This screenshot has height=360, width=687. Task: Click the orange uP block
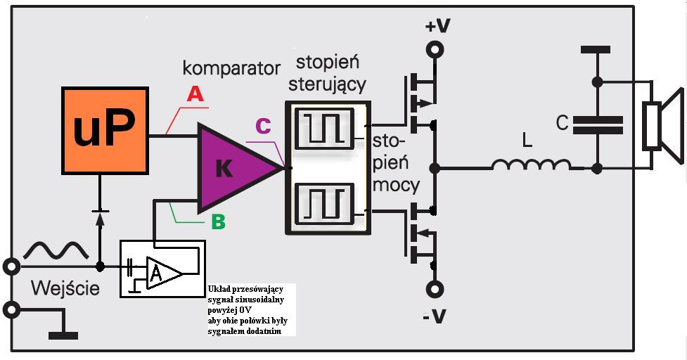coord(105,131)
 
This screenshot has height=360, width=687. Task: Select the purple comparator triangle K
coord(229,167)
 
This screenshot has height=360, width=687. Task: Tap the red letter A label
coord(195,94)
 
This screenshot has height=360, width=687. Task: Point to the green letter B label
coord(218,222)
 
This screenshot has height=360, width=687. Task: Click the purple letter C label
coord(263,126)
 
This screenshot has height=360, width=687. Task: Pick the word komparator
coord(231,68)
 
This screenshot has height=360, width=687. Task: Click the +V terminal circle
coord(436,50)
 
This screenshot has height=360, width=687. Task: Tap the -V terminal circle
coord(436,289)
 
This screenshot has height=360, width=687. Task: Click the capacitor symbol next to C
coord(597,124)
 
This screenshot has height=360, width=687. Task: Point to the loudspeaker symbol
coord(661,127)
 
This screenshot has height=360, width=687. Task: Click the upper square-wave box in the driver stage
coord(324,128)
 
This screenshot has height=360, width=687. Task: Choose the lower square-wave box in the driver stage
coord(324,202)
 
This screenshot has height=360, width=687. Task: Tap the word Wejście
coord(65,288)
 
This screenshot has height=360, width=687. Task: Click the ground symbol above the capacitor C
coord(596,51)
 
